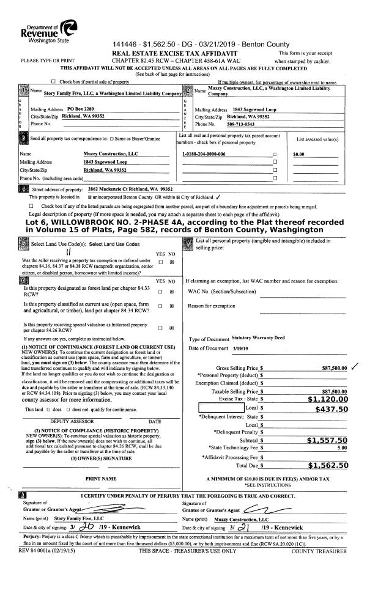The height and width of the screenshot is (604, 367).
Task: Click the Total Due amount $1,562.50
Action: click(x=327, y=465)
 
